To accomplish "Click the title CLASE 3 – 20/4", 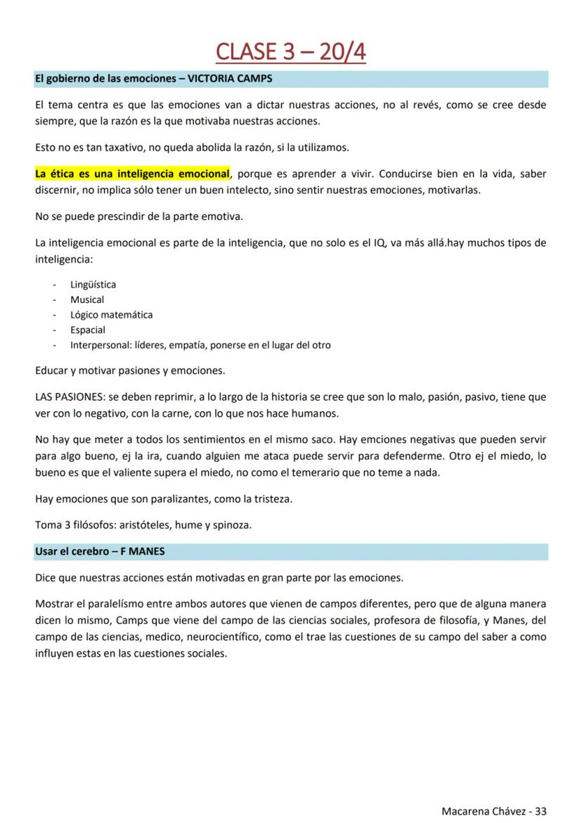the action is (290, 52).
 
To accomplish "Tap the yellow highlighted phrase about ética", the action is (132, 174).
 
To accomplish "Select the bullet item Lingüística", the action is (93, 285).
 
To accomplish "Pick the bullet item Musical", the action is (87, 299).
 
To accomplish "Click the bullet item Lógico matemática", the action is (111, 315).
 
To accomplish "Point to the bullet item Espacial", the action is (88, 330).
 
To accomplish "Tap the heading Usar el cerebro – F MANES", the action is (100, 552).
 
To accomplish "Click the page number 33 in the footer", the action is (541, 810).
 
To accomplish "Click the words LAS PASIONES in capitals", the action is (70, 397).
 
